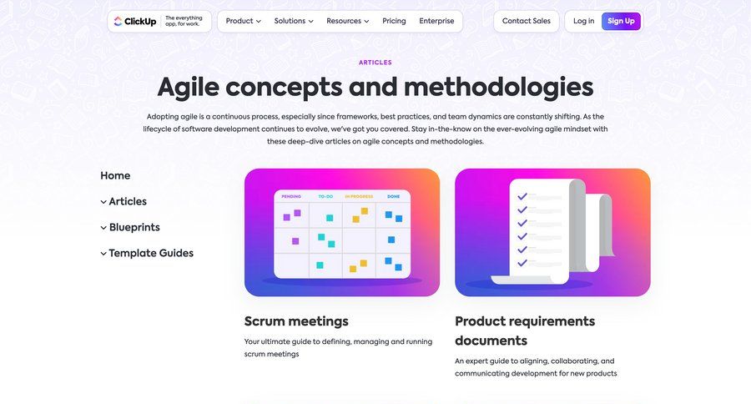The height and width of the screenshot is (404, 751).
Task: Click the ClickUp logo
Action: coord(135,21)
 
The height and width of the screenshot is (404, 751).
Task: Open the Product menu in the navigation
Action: coord(244,21)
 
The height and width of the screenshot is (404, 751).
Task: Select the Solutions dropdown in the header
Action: coord(294,21)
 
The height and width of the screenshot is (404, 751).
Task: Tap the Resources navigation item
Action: coord(348,21)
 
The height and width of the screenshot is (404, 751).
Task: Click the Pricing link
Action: coord(394,21)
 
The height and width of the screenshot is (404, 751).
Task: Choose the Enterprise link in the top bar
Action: coord(436,21)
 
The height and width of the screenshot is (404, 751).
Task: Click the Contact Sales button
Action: coord(527,21)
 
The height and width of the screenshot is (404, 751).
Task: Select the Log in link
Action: coord(583,21)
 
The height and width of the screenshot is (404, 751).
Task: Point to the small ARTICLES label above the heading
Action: coord(375,63)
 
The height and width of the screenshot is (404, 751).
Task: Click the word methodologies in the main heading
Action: coord(499,87)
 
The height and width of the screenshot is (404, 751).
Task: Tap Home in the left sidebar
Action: coord(115,175)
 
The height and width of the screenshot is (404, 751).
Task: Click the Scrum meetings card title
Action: coord(296,321)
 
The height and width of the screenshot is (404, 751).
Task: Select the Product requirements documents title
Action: coord(525,331)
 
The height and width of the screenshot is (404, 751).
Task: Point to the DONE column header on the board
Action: coord(393,196)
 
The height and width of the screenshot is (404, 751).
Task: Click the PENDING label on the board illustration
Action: coord(291,196)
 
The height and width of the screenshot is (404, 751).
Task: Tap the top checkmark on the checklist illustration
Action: coord(522,196)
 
